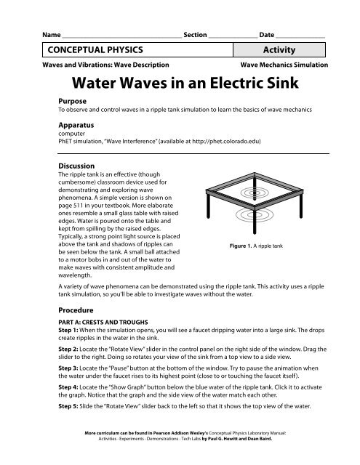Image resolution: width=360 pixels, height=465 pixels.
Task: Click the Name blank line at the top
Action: click(x=122, y=38)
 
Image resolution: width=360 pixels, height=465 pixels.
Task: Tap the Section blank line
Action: click(x=233, y=38)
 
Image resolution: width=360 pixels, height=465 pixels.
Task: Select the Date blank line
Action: click(x=300, y=38)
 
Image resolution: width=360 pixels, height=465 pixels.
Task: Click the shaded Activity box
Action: click(x=279, y=49)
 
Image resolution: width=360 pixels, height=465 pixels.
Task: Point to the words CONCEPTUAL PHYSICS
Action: click(x=95, y=49)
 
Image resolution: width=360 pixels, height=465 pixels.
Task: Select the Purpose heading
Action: click(x=73, y=101)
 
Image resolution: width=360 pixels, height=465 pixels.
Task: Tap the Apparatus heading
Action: click(x=76, y=125)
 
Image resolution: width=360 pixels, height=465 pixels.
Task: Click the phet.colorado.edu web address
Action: click(x=226, y=141)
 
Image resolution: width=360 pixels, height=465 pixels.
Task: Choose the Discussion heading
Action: click(x=76, y=166)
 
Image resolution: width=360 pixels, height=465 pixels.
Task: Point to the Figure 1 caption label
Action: click(x=241, y=246)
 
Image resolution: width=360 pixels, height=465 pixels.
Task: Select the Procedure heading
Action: click(x=76, y=310)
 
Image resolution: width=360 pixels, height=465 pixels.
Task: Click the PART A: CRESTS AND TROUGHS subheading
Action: click(x=103, y=322)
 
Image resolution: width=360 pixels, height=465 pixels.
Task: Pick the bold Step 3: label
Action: click(x=68, y=368)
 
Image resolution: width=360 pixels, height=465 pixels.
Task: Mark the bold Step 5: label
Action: click(x=68, y=406)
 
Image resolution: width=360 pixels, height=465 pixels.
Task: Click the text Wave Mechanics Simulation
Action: click(x=284, y=65)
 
